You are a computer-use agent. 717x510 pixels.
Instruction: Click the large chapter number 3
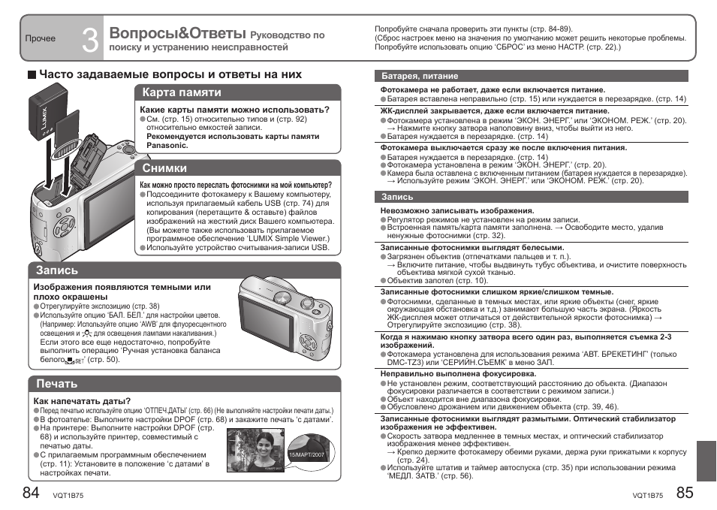point(90,38)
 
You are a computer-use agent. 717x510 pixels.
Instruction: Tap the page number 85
point(685,493)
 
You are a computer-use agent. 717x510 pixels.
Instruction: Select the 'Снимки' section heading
point(164,168)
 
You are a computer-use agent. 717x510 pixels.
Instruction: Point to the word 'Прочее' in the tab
point(41,38)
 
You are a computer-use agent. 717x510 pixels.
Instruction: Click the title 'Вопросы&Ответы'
point(177,33)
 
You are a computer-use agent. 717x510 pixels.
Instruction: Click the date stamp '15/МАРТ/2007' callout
point(306,455)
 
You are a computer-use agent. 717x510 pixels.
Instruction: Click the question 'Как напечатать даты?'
point(82,401)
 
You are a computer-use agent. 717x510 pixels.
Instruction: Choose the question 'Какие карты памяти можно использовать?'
point(235,110)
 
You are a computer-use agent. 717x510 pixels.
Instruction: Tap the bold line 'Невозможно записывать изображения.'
point(456,211)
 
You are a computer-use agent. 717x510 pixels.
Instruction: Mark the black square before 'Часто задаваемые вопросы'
point(32,75)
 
